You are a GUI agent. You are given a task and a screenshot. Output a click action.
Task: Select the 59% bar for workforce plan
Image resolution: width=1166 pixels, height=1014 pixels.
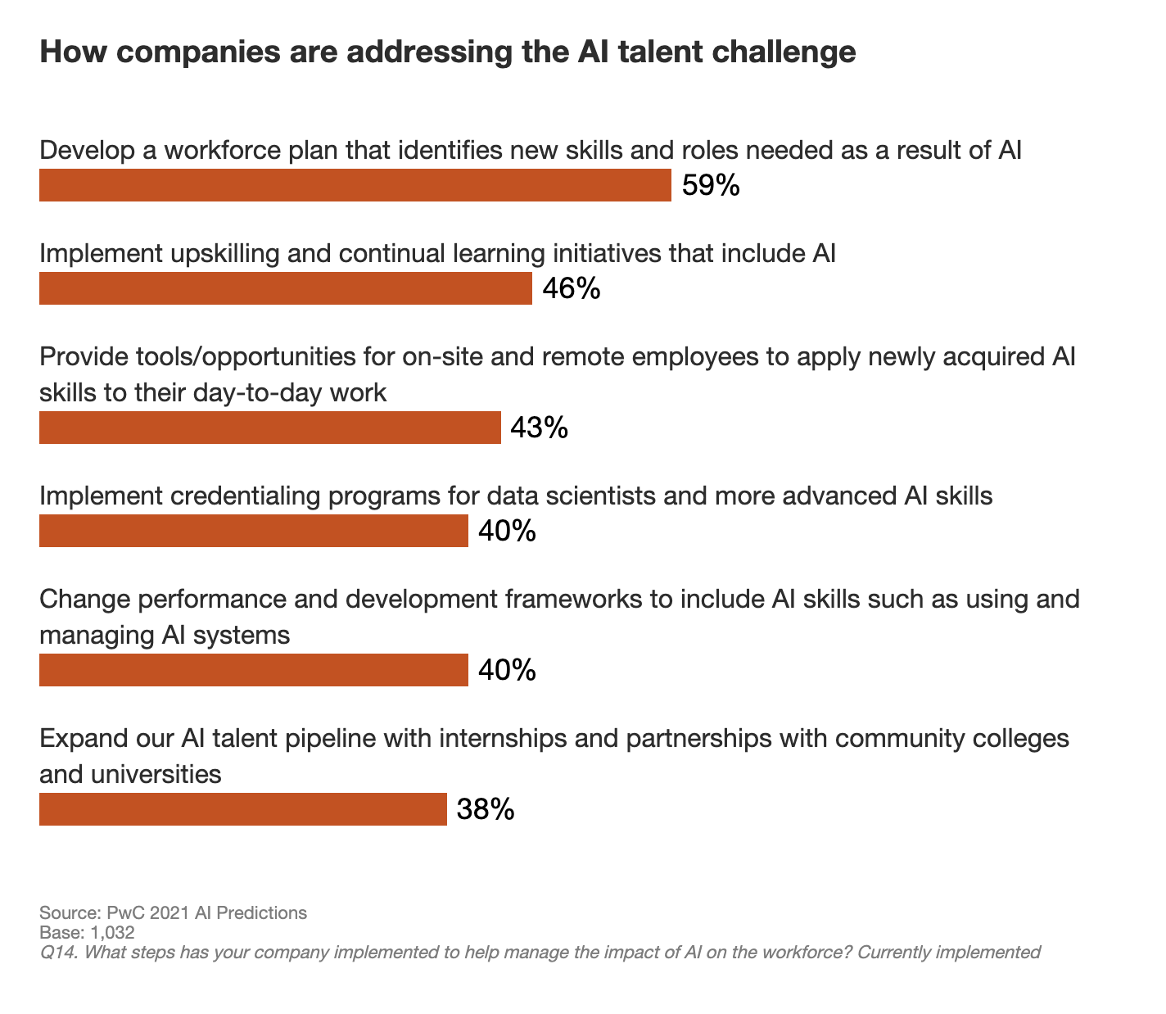coord(355,185)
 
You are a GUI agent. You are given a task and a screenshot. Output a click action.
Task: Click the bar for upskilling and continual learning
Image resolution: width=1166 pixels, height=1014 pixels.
coord(285,288)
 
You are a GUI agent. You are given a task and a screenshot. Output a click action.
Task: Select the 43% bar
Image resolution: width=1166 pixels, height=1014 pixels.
coord(269,428)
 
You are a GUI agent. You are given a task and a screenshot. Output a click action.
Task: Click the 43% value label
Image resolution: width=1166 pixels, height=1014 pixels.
coord(539,428)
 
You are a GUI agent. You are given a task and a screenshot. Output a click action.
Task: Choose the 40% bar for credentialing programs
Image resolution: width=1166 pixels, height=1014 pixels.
coord(253,531)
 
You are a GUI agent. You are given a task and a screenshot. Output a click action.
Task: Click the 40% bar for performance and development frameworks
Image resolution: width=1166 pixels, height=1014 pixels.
coord(253,670)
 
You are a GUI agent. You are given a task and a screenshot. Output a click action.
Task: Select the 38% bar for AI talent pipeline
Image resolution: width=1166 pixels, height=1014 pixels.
coord(242,809)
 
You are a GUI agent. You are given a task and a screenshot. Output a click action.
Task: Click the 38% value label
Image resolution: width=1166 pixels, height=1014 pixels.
coord(486,809)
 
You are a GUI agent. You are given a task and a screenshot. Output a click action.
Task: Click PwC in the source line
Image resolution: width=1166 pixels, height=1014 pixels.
coord(120,912)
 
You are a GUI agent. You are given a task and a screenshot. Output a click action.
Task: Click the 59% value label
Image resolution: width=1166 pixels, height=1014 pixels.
coord(711,185)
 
